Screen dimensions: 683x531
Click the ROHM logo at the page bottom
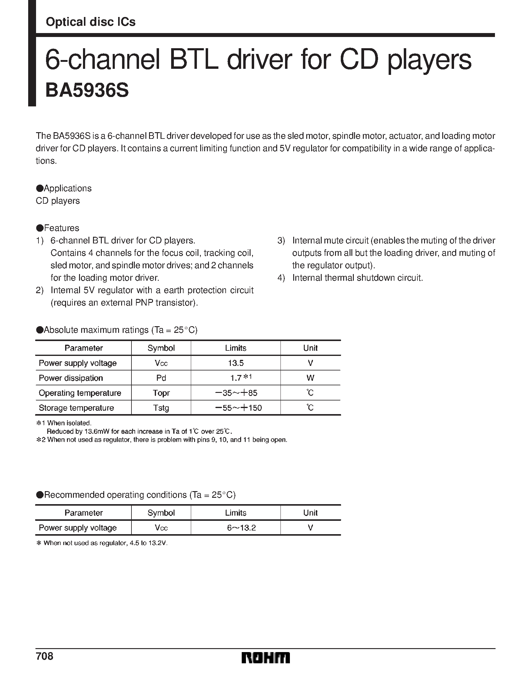[x=266, y=658]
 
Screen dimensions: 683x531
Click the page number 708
[x=45, y=656]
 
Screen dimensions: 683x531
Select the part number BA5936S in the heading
[x=87, y=91]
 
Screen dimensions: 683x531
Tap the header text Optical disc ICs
[x=91, y=22]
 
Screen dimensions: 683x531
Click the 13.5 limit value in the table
[x=236, y=363]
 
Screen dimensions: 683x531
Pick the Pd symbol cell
[x=161, y=378]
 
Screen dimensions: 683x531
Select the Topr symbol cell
[x=161, y=393]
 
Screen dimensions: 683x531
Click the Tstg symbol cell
[x=161, y=408]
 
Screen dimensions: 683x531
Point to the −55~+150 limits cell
[x=239, y=408]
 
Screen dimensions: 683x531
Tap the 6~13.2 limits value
[x=241, y=528]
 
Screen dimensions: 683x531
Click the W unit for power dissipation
[x=310, y=378]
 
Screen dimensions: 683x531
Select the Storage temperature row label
[x=76, y=408]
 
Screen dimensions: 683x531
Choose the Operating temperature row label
[x=80, y=393]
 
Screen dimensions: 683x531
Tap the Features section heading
[x=61, y=228]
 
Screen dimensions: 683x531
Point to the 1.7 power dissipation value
[x=236, y=378]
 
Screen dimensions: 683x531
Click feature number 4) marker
[x=281, y=278]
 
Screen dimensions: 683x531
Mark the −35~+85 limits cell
[x=237, y=393]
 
